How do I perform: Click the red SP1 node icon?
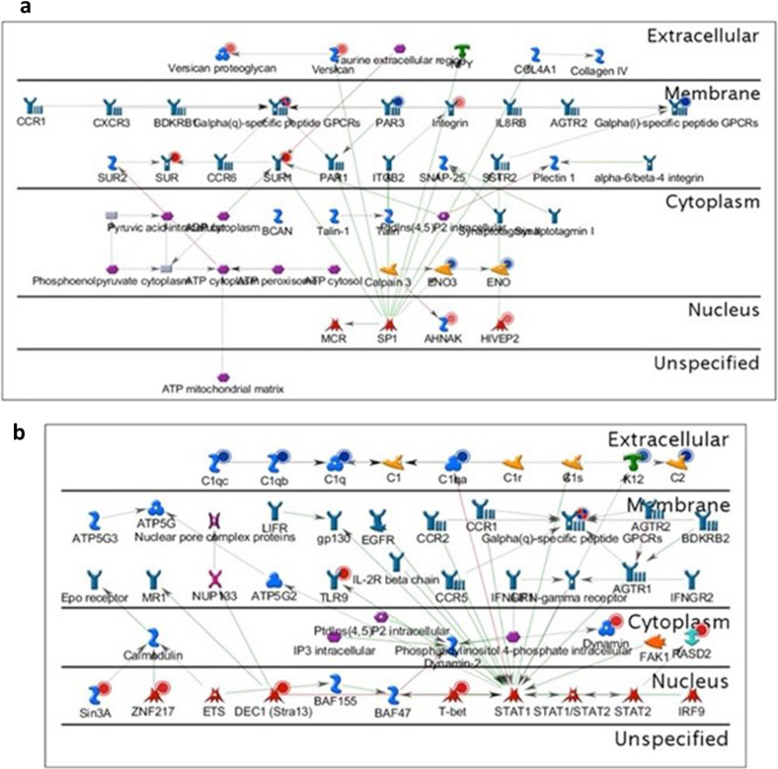(x=389, y=320)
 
